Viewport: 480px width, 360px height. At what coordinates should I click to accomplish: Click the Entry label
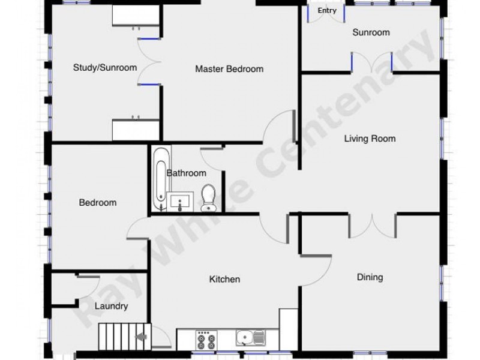coord(327,11)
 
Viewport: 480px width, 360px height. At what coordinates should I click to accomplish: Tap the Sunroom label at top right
coord(371,32)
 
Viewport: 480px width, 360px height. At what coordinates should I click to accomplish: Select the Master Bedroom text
coord(229,69)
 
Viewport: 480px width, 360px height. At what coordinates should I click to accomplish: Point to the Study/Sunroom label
coord(105,68)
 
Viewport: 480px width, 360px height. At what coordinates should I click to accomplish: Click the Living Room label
coord(370,139)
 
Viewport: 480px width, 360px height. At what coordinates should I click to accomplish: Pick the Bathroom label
coord(187,173)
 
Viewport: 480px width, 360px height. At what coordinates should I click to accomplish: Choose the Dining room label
coord(370,277)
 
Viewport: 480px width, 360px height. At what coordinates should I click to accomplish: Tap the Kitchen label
coord(224,279)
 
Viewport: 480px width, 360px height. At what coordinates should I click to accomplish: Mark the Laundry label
coord(112,306)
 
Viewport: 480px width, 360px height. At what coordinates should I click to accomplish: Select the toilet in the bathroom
coord(208,197)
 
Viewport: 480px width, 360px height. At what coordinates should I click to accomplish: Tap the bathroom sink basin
coord(180,202)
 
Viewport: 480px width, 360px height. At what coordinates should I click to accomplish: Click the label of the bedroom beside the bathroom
coord(98,203)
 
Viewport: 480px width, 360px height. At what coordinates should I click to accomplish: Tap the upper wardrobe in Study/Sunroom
coord(136,17)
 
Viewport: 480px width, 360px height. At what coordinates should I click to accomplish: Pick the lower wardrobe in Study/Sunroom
coord(136,130)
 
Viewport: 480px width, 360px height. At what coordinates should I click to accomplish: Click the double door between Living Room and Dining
coord(373,225)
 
